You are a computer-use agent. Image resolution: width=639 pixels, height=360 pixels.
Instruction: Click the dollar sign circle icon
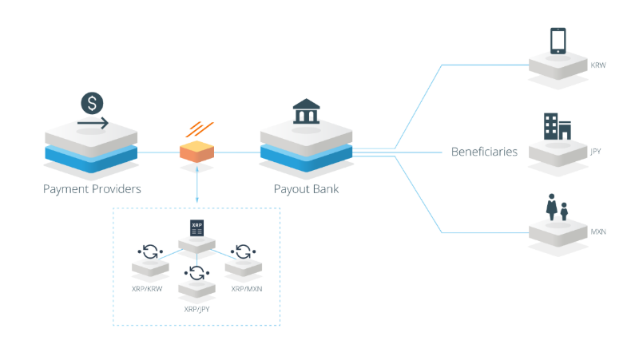point(92,103)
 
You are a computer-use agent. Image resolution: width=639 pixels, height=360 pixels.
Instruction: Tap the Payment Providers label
point(92,189)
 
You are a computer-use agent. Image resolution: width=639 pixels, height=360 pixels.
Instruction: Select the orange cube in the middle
point(196,152)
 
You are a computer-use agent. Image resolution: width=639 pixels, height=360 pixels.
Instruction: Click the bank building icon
point(306,111)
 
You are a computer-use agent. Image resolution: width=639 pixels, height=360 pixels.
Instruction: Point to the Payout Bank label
point(306,189)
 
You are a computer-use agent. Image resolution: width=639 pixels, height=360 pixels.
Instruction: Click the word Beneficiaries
point(484,152)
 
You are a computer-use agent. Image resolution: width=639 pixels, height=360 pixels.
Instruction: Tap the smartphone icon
point(558,41)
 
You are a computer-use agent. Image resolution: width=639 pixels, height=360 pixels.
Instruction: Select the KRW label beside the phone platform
point(598,65)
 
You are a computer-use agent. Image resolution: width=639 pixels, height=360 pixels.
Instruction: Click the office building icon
point(558,127)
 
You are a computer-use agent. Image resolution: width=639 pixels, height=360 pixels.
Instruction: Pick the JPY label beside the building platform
point(596,152)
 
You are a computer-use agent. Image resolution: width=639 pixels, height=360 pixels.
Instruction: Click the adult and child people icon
point(557,208)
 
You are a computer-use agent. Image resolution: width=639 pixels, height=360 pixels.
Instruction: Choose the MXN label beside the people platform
point(598,231)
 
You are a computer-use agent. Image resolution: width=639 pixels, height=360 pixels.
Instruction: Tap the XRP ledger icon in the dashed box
point(196,228)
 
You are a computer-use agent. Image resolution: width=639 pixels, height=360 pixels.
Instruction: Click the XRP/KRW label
point(147,289)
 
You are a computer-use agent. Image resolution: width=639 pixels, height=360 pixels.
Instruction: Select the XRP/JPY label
point(196,309)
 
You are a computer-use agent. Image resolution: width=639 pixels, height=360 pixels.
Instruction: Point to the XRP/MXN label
point(247,289)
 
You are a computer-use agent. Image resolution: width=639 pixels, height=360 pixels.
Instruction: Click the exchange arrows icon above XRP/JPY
point(196,273)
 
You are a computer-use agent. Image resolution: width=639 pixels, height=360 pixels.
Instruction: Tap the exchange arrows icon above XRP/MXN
point(244,251)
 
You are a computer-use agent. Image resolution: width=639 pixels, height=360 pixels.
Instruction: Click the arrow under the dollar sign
point(93,123)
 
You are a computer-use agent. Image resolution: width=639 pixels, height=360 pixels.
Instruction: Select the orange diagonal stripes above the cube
point(200,129)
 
